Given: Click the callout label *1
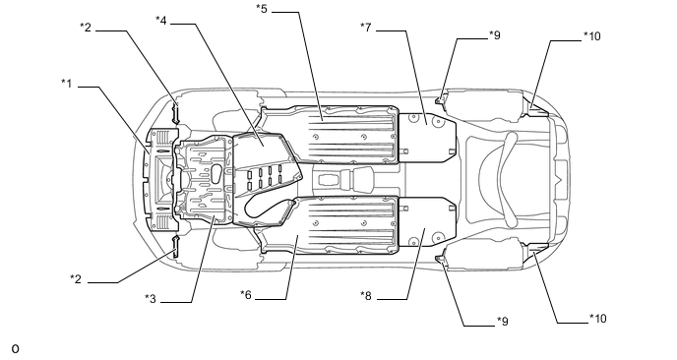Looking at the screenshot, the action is [67, 83].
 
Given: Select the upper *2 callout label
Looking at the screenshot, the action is [86, 28].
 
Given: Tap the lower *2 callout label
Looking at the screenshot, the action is [76, 278].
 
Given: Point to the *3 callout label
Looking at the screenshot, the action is [151, 298].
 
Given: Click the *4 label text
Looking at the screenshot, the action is [161, 20].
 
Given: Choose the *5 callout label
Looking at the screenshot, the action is [262, 8].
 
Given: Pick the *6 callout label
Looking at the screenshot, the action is [246, 294].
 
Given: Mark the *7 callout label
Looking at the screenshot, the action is [366, 28].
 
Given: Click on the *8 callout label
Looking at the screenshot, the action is [366, 296].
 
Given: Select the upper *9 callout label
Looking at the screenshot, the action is [495, 35].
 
